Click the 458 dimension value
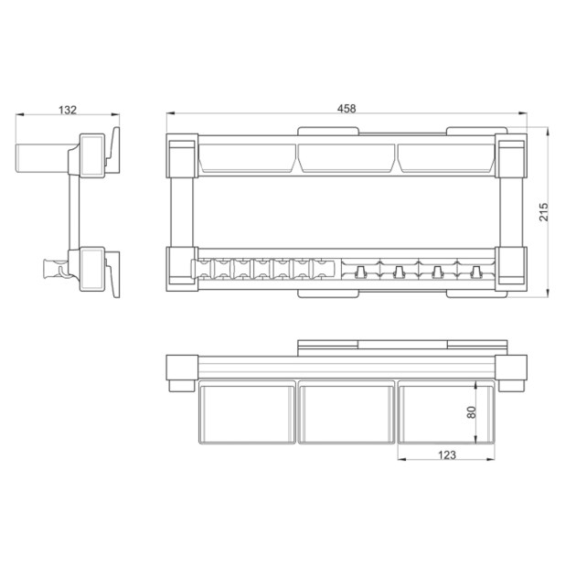(x=347, y=109)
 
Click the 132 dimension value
(x=68, y=110)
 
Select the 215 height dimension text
(x=543, y=211)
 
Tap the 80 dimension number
(x=471, y=412)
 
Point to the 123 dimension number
(x=447, y=455)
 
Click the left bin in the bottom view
(x=247, y=412)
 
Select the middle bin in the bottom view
(x=347, y=412)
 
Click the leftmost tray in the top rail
(x=247, y=158)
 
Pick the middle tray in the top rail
(x=347, y=158)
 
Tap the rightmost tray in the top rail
(x=446, y=158)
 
